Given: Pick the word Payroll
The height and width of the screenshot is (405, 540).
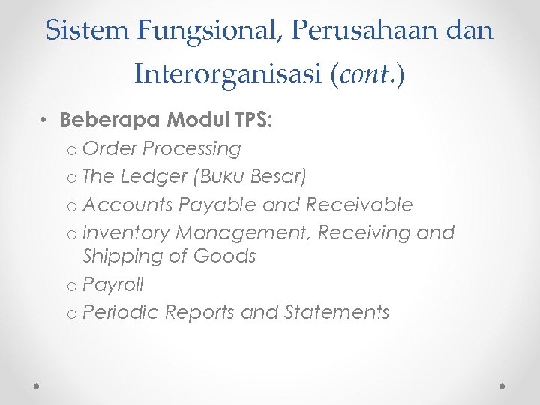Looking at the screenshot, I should tap(113, 285).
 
